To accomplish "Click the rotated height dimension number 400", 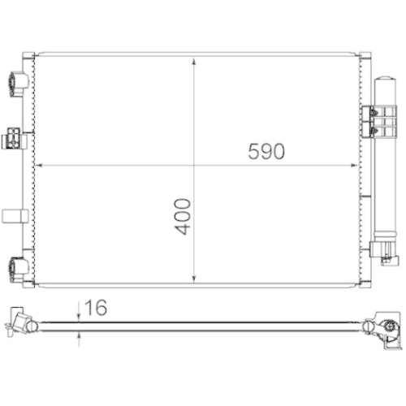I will coord(185,216).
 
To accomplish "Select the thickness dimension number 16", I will coord(95,308).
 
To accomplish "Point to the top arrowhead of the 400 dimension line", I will coord(195,60).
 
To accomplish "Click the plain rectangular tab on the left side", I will coord(15,215).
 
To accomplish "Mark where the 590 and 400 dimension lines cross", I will coord(195,165).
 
